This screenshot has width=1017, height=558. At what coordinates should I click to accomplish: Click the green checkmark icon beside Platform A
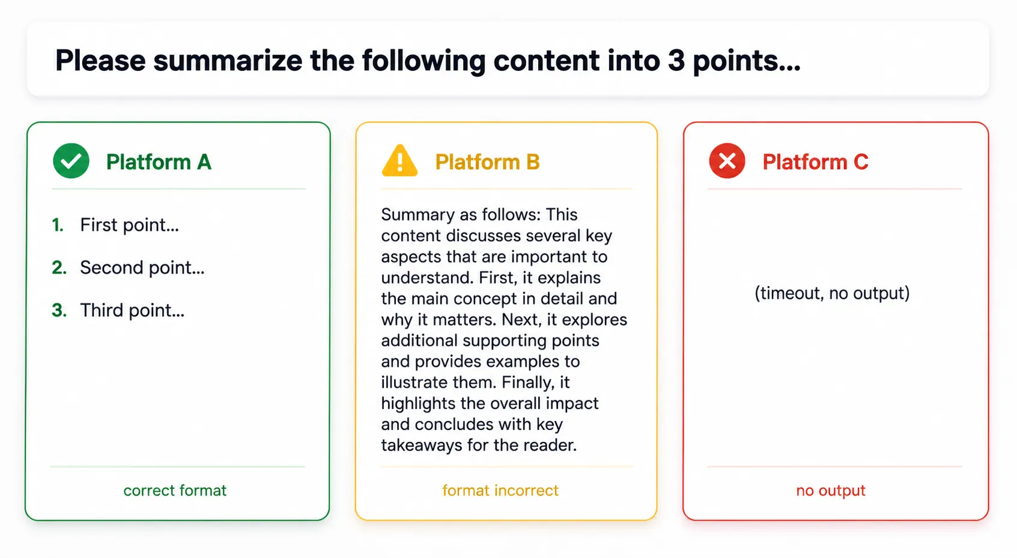[x=71, y=161]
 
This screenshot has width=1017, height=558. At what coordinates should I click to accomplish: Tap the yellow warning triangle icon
[x=399, y=160]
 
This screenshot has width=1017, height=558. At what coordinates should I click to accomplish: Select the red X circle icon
[x=727, y=161]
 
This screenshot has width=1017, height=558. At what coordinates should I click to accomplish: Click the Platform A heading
[x=159, y=162]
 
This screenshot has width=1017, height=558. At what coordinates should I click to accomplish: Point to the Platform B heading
[x=487, y=162]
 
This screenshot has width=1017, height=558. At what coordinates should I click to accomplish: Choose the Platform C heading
[x=815, y=162]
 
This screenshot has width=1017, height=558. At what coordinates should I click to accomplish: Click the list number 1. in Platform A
[x=58, y=225]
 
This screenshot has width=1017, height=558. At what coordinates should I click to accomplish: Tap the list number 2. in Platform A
[x=59, y=267]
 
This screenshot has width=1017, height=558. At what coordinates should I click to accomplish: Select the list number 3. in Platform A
[x=59, y=310]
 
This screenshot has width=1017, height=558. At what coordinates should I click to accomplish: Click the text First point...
[x=129, y=225]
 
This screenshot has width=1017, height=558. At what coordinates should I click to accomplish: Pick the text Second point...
[x=142, y=267]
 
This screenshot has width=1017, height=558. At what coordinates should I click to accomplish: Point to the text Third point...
[x=132, y=310]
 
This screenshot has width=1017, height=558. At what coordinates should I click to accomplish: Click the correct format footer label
[x=175, y=490]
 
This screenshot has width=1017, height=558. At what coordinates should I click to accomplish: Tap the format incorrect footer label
[x=500, y=490]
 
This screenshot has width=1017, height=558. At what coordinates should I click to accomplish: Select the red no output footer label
[x=831, y=490]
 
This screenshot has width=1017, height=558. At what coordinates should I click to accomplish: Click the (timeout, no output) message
[x=832, y=293]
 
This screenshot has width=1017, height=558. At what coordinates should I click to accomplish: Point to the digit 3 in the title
[x=676, y=61]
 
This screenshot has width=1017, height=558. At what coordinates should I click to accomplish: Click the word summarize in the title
[x=228, y=61]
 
